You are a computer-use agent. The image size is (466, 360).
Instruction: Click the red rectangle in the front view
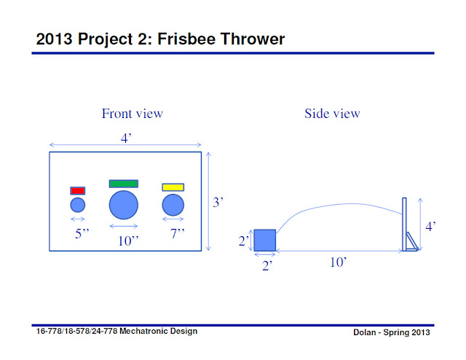coord(78,191)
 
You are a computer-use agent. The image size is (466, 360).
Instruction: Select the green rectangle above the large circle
coord(124,184)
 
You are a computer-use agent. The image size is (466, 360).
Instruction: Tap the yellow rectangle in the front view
coord(173,187)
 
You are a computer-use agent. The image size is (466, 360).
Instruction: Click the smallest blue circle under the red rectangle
coord(78,206)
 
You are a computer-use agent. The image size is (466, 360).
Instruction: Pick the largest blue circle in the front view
coord(124,205)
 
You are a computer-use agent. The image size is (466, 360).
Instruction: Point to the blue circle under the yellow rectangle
coord(173,206)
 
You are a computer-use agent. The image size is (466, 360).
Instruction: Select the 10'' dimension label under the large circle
coord(129,240)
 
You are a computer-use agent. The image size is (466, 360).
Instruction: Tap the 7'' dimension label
coord(177,234)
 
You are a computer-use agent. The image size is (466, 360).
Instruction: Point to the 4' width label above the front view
coord(125,138)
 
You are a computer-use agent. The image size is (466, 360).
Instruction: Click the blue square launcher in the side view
coord(265,240)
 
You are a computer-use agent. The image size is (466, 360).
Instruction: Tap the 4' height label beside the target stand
coord(431,227)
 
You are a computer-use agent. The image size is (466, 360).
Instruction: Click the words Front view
coord(133,113)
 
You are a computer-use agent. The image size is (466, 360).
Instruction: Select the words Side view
coord(332,113)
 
